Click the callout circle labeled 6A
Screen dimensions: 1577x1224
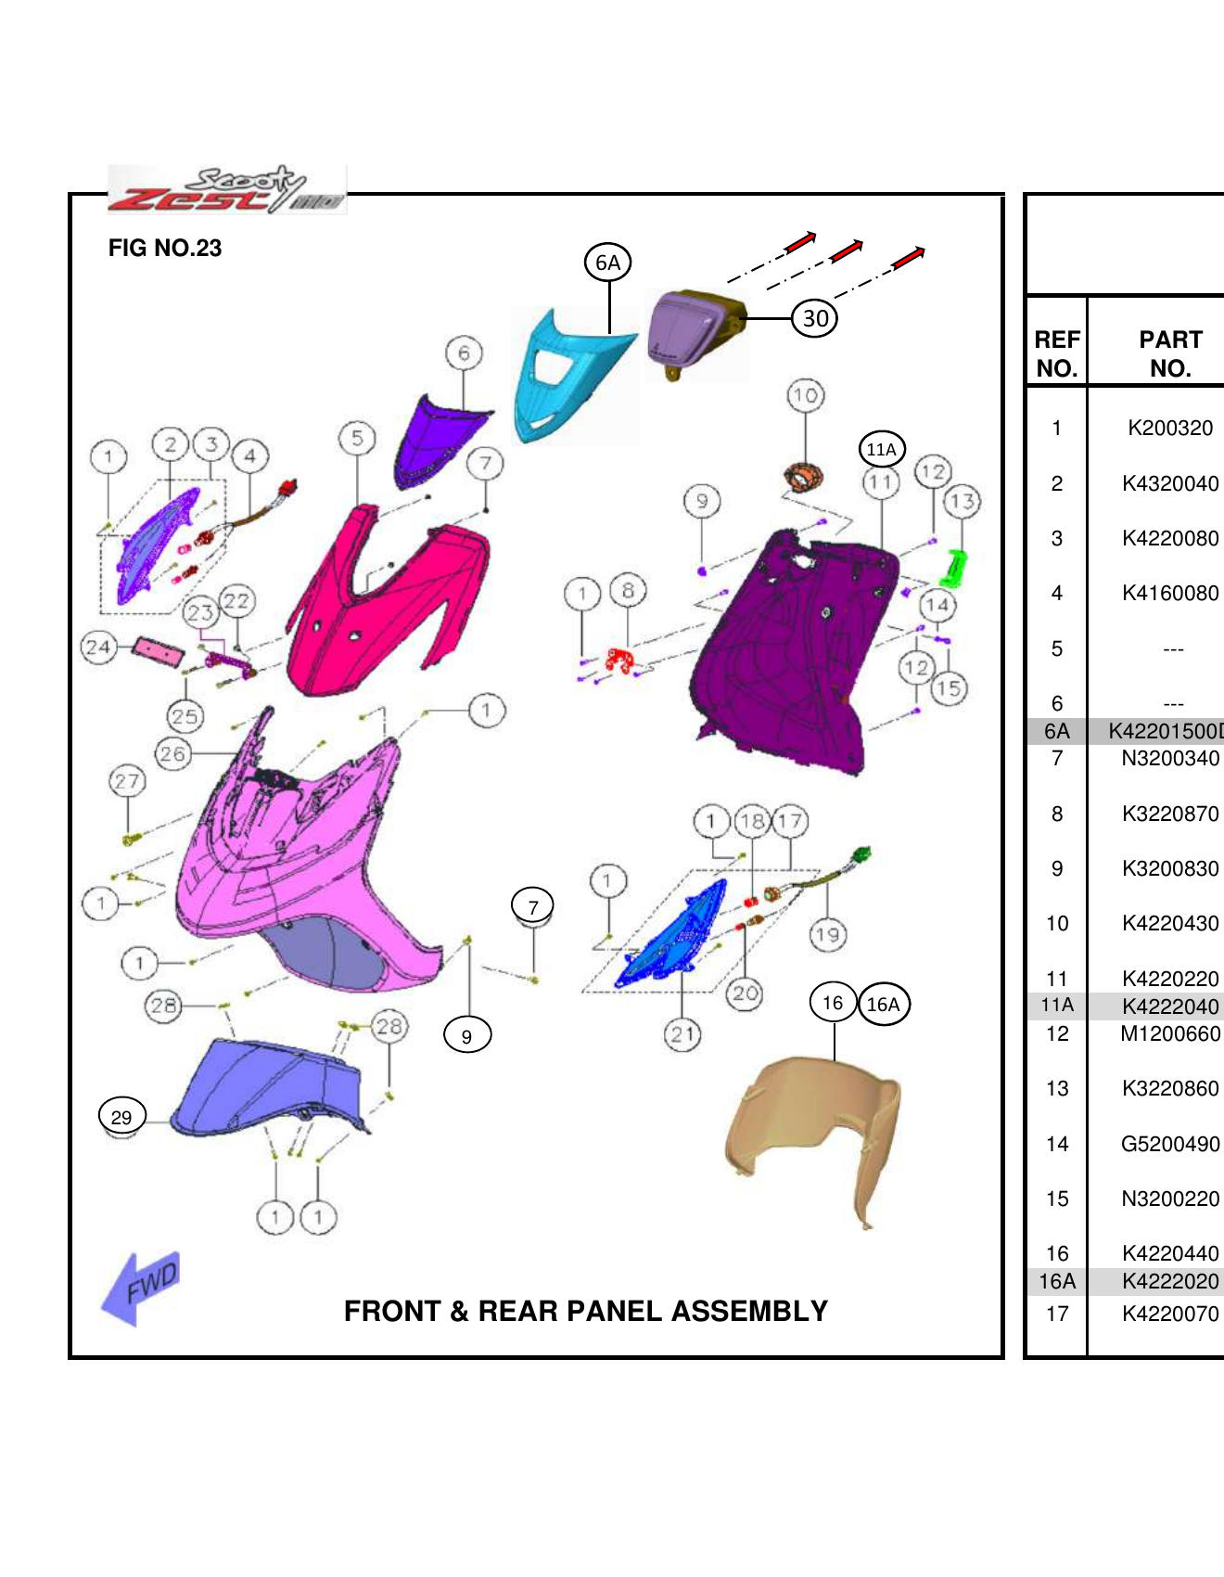pos(607,263)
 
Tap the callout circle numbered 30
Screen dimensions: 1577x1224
pos(815,318)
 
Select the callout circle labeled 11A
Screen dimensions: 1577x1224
pos(881,450)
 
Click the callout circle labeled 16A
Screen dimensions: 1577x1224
pos(884,1005)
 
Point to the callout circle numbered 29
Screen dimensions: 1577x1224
pos(121,1117)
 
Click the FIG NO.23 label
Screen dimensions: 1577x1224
pos(165,248)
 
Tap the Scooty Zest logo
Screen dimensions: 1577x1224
pos(226,190)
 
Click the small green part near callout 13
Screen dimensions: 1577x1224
pos(953,568)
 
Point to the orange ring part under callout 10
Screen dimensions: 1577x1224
pos(803,477)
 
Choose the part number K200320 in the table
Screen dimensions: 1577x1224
pos(1170,428)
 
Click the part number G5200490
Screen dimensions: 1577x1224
pos(1170,1144)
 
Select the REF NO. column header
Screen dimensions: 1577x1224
pos(1057,353)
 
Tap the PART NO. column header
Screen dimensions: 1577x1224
pos(1170,353)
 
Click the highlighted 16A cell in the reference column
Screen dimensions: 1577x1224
pos(1057,1281)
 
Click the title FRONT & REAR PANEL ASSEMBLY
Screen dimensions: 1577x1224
pos(585,1311)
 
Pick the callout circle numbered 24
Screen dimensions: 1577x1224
pos(98,647)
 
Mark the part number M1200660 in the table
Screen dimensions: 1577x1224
pos(1170,1033)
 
